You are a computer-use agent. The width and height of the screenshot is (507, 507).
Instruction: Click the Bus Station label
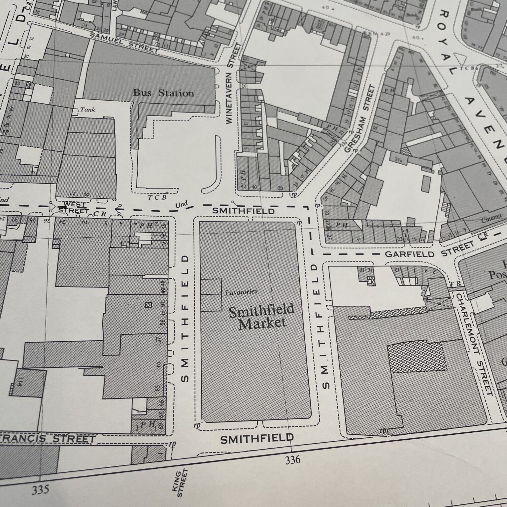(163, 93)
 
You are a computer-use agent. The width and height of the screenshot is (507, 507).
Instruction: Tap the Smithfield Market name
(261, 317)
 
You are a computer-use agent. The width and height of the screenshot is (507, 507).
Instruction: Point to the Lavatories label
(241, 292)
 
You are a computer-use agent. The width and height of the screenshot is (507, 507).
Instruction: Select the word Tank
(87, 109)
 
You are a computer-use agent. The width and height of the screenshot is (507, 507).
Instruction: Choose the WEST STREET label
(73, 207)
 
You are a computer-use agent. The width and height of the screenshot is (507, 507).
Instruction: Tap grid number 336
(293, 459)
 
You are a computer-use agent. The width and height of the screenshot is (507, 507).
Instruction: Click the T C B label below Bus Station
(157, 197)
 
